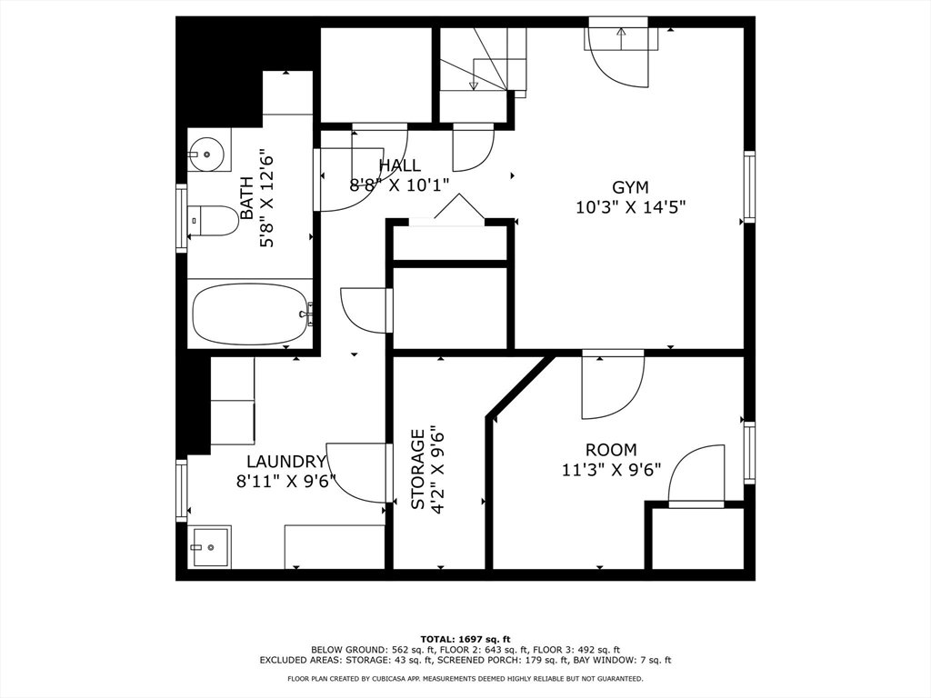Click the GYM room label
tap(630, 187)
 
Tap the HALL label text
tap(400, 165)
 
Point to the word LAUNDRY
tap(286, 461)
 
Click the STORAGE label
tap(418, 469)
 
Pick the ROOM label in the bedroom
tap(611, 450)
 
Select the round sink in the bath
tap(206, 154)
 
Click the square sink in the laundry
tap(211, 546)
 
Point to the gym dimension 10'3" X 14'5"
tap(631, 208)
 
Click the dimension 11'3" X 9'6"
tap(612, 470)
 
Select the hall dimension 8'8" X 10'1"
tap(400, 185)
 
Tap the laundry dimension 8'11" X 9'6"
tap(286, 481)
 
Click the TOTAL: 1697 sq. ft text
tap(465, 639)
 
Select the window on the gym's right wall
tap(749, 187)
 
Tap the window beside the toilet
tap(181, 218)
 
